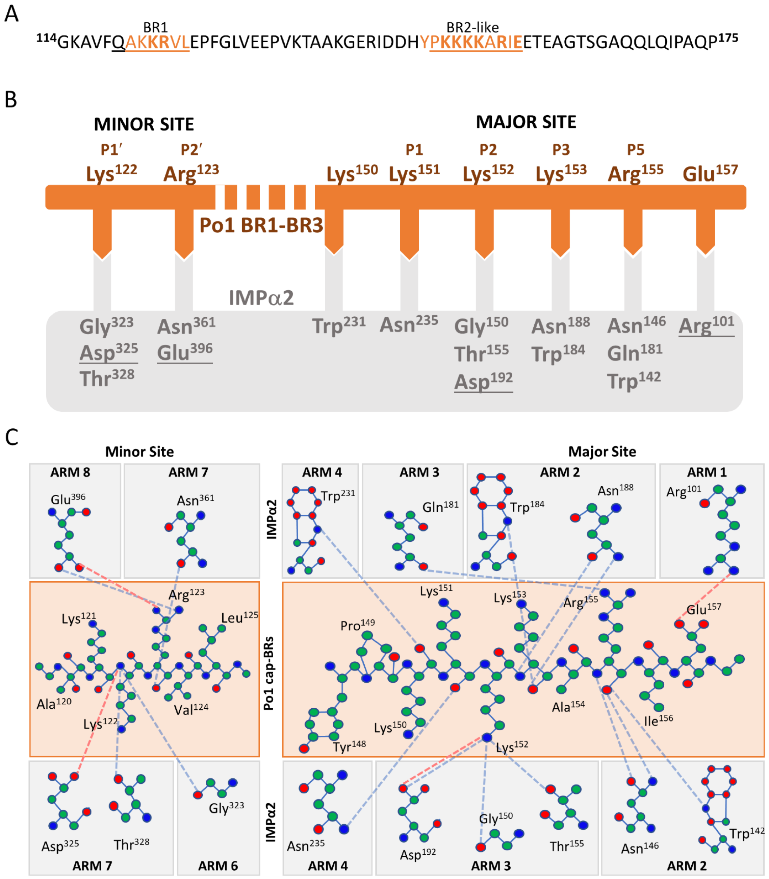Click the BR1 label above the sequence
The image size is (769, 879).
click(x=155, y=27)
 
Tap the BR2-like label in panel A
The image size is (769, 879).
click(x=472, y=27)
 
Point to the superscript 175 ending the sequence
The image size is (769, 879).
click(x=728, y=38)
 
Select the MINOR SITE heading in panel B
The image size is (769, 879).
click(x=144, y=124)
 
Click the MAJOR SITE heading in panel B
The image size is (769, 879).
click(x=526, y=122)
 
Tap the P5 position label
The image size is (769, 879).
click(x=635, y=149)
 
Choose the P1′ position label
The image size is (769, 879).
click(x=111, y=149)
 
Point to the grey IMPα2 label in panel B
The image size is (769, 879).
click(x=261, y=298)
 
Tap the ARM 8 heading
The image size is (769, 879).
click(x=70, y=472)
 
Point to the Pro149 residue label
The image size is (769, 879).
click(x=357, y=625)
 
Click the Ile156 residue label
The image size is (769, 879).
click(x=658, y=721)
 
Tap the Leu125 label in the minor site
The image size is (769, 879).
click(x=239, y=617)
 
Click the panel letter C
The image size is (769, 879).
click(x=11, y=437)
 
